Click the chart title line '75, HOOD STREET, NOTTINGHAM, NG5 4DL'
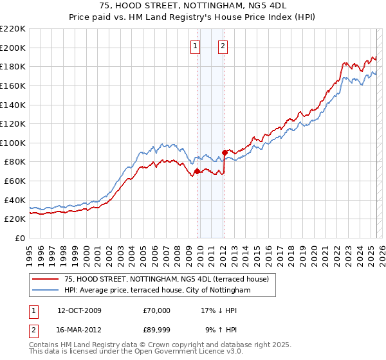point(193,5)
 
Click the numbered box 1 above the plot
point(195,46)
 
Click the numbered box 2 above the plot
point(223,46)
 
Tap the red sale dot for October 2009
point(197,171)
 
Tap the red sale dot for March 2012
point(225,152)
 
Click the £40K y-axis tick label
point(15,200)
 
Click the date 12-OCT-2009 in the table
point(79,310)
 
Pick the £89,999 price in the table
point(157,331)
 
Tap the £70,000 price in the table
point(157,310)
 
